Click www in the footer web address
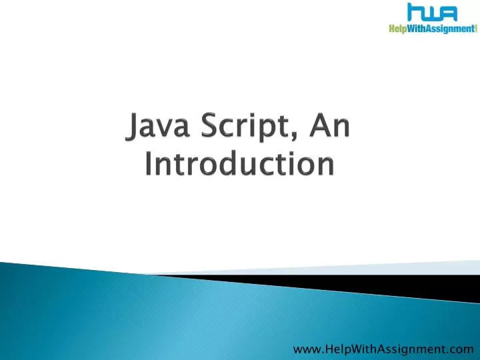tap(305, 347)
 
